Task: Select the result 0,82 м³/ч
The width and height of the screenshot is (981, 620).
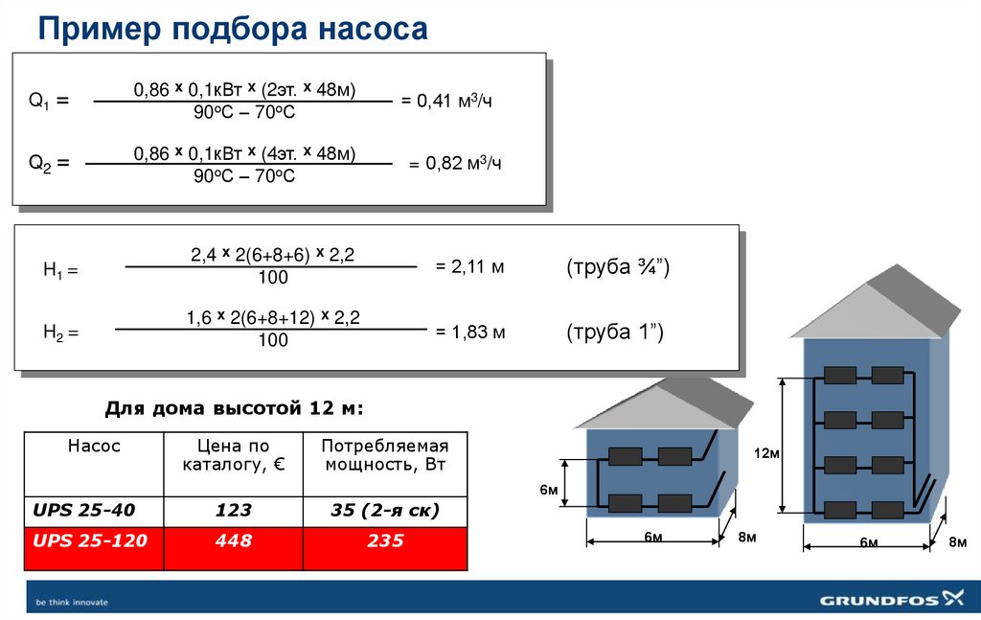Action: (x=456, y=164)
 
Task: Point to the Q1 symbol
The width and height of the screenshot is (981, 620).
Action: (x=48, y=101)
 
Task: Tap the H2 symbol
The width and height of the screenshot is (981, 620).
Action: (x=59, y=333)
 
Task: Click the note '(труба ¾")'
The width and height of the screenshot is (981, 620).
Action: (x=617, y=267)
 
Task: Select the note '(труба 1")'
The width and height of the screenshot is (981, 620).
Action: (x=613, y=333)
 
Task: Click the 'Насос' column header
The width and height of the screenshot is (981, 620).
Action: (x=94, y=447)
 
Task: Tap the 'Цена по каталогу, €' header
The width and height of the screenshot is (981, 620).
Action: (x=233, y=456)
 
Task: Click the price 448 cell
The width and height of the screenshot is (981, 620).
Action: (x=233, y=541)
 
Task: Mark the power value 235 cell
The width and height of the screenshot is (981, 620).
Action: (x=385, y=541)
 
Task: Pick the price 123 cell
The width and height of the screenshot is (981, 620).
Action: (x=233, y=511)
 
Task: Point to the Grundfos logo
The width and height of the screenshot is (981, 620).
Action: (x=890, y=601)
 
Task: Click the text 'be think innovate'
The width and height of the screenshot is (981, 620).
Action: (x=72, y=603)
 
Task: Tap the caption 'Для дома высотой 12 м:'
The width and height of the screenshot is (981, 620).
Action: (x=234, y=409)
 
